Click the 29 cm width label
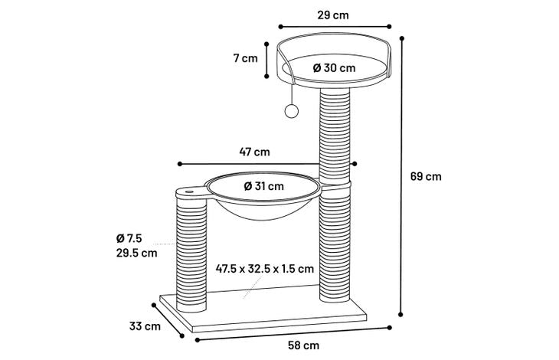point(333,15)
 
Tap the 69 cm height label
point(426,176)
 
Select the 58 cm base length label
point(304,345)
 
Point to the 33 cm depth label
point(145,326)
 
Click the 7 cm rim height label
point(245,58)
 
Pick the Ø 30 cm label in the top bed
point(334,67)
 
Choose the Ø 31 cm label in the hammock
point(264,186)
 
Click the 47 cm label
point(254,152)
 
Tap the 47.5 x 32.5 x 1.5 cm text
point(265,268)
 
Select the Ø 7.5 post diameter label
point(129,238)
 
